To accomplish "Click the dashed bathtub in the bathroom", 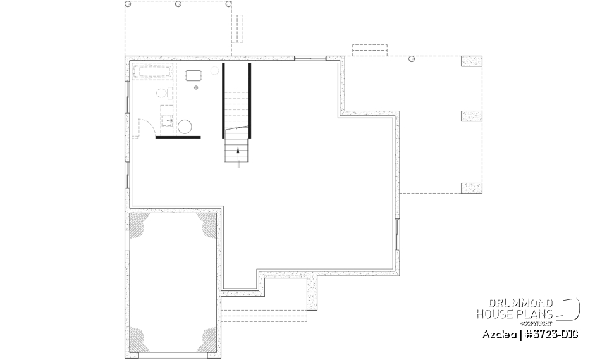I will point(152,71).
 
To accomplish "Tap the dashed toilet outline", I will point(162,94).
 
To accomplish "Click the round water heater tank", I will point(185,127).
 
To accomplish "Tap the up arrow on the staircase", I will point(238,152).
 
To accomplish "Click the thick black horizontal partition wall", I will point(178,137).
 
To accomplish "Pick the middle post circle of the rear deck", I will point(178,4).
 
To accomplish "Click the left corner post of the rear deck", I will point(128,4).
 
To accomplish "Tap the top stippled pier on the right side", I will point(471,61).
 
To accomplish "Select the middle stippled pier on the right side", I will point(471,116).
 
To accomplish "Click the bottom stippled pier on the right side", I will point(471,187).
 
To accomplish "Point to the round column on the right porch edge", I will point(412,59).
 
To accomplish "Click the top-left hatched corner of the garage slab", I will point(139,223).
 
